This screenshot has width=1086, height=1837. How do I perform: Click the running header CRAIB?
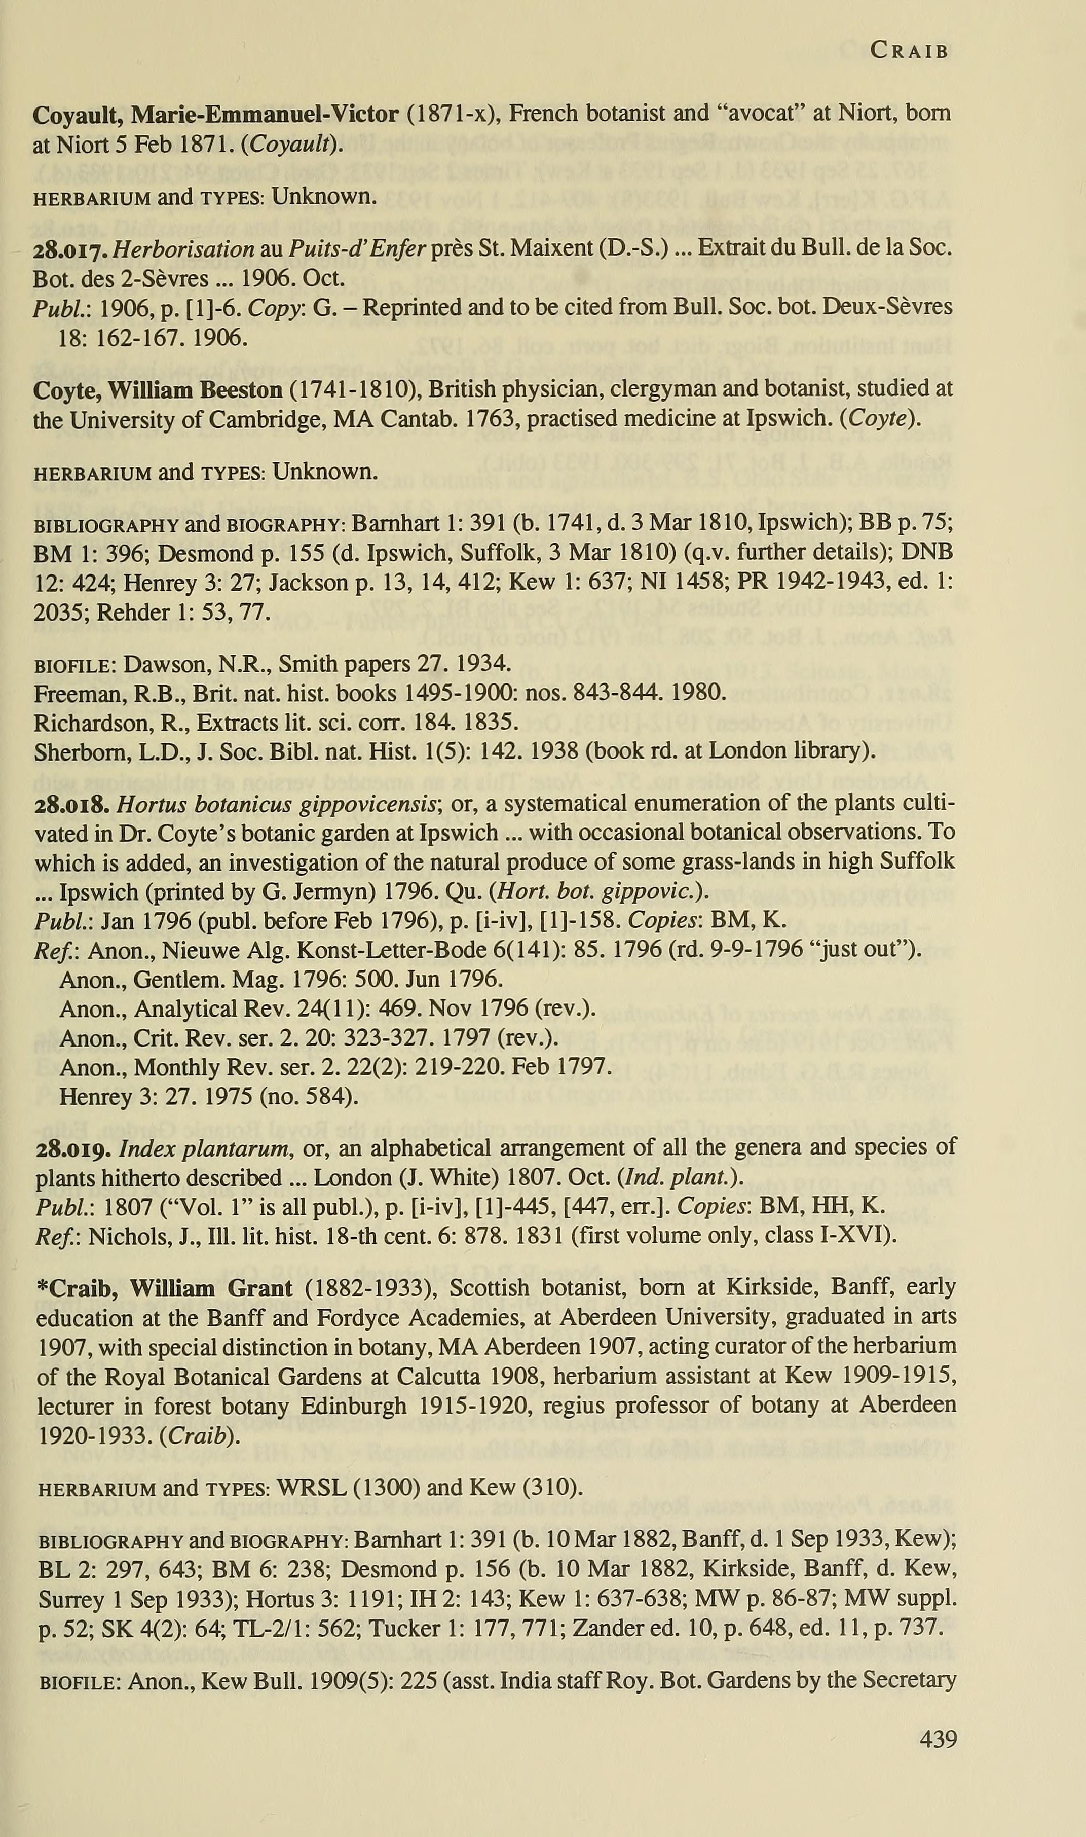click(x=909, y=51)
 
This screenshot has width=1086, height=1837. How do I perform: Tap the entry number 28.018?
click(x=72, y=805)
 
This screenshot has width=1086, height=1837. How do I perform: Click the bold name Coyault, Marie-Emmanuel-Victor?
click(x=215, y=114)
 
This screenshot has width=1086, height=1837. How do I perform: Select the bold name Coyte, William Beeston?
click(x=157, y=389)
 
